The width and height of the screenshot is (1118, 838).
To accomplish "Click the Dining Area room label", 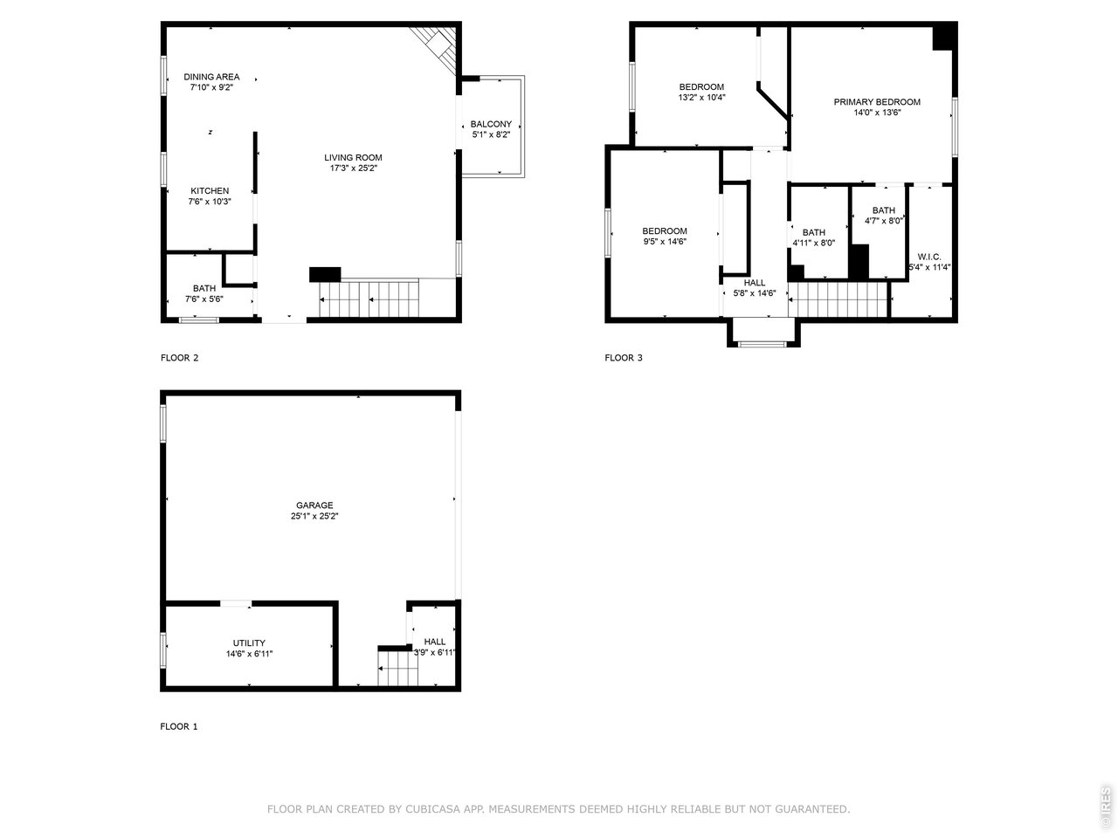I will (211, 77).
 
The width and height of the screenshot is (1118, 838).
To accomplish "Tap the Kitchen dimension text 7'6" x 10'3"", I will (210, 202).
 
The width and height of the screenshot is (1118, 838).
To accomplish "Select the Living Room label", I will (353, 158).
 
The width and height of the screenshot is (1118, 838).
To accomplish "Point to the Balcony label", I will (491, 124).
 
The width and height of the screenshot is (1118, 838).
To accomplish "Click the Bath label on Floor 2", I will (204, 288).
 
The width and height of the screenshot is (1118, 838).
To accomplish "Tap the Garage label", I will (314, 505).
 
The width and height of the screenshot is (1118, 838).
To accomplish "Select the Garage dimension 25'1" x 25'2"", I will (314, 517).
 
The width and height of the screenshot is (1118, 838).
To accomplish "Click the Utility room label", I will (249, 643).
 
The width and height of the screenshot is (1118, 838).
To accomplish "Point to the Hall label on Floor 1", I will (434, 642).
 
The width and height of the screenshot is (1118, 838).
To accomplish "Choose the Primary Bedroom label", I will (877, 102).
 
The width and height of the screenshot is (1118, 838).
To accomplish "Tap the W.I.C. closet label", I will (929, 257).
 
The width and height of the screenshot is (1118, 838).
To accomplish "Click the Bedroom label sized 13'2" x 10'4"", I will (701, 86).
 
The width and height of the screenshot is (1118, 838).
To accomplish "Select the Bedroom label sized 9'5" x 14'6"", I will (665, 231).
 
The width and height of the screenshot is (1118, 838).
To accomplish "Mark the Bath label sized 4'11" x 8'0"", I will (813, 232).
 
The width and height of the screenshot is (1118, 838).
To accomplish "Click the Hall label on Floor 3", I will (755, 283).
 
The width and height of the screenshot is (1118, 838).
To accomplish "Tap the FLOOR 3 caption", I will (624, 358).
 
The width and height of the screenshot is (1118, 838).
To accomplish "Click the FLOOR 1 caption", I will (179, 726).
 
